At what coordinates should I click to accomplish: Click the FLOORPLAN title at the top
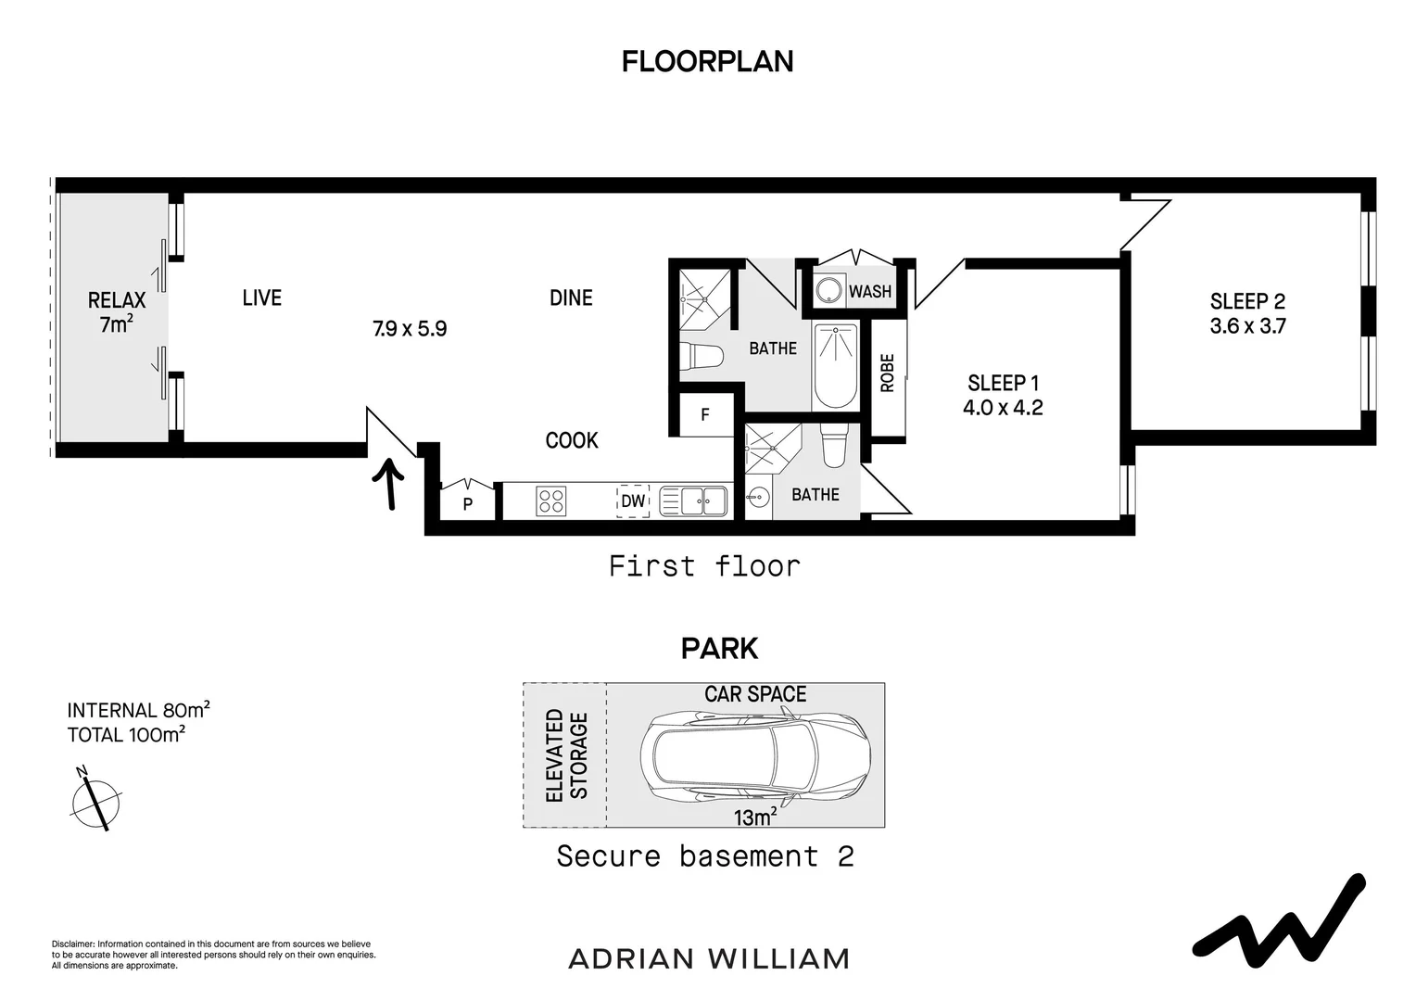point(707,61)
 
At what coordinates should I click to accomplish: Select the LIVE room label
point(261,298)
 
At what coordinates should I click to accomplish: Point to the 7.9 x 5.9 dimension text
point(410,329)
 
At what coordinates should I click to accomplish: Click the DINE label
point(571,298)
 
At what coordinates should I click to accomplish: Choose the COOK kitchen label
point(572,440)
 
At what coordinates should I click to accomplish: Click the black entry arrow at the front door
point(389,485)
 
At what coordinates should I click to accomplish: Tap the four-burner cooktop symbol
point(550,501)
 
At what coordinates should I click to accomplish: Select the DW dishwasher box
point(633,501)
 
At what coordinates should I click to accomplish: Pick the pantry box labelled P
point(468,503)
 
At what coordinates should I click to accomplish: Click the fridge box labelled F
point(705,414)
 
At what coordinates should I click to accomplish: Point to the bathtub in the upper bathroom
point(836,366)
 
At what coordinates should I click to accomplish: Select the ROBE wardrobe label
point(887,374)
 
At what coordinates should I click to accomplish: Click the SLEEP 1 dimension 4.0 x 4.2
point(1003,408)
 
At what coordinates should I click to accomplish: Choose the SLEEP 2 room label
point(1247,301)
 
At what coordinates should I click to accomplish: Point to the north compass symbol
point(95,798)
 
